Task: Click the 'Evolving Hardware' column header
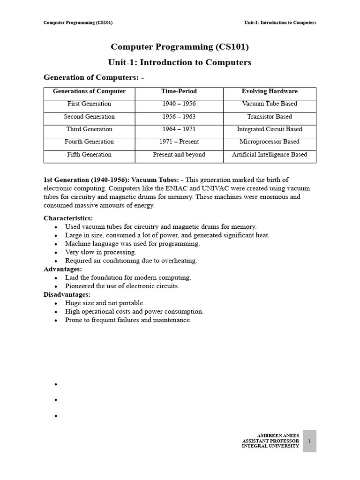(x=270, y=91)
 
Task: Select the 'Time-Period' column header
(x=179, y=91)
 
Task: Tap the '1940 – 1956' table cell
(x=179, y=104)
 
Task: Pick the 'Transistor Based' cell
(x=270, y=117)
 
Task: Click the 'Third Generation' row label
(x=89, y=129)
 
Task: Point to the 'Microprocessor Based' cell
(x=270, y=142)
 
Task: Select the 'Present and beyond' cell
(x=179, y=155)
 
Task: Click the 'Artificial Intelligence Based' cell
(x=270, y=155)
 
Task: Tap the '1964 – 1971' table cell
(x=179, y=129)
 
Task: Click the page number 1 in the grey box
(x=309, y=441)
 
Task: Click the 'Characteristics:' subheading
(x=68, y=218)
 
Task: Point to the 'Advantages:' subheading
(x=63, y=269)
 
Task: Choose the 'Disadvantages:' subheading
(x=67, y=294)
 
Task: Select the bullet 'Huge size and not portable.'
(x=105, y=303)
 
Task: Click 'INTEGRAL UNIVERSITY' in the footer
(x=270, y=446)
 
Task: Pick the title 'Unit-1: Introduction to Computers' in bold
(x=180, y=62)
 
